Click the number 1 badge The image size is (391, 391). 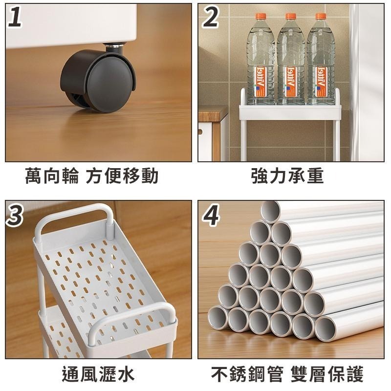tap(15, 17)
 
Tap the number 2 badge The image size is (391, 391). tap(211, 17)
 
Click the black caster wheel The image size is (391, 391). tap(98, 80)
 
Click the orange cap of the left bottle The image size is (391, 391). tap(261, 17)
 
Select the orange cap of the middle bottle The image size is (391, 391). tap(291, 17)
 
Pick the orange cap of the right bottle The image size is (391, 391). tap(321, 17)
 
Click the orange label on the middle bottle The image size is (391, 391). tap(291, 82)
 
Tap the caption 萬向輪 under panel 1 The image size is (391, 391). tap(52, 176)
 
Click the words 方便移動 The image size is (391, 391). tap(122, 176)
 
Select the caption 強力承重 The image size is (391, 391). tap(287, 176)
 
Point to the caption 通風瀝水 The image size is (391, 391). tap(98, 374)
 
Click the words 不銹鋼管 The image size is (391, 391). tap(247, 374)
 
